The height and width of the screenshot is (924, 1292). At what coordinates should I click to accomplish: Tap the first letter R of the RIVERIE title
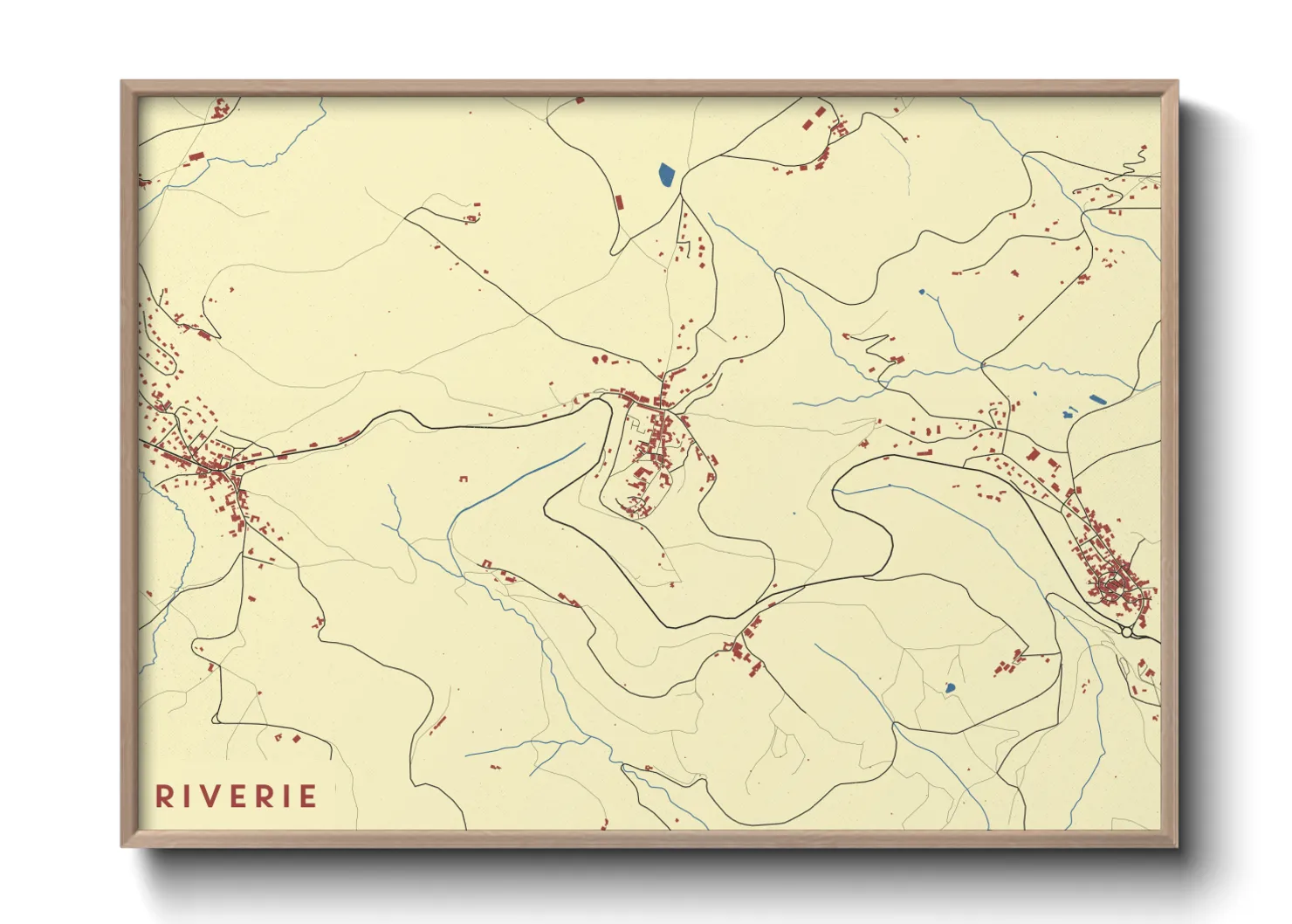tap(163, 796)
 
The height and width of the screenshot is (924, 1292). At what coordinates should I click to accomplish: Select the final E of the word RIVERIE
tap(307, 796)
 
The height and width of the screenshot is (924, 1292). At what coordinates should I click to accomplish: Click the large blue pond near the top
tap(666, 176)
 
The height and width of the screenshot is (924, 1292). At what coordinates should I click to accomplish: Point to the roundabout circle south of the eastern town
tap(1126, 631)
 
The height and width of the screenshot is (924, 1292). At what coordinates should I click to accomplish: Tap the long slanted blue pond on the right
tap(1096, 399)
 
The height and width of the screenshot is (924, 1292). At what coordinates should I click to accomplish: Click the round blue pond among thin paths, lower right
tap(950, 688)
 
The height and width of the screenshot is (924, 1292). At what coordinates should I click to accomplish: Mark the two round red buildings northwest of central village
tap(599, 358)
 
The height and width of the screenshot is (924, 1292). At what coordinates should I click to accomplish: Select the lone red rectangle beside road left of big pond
tap(620, 203)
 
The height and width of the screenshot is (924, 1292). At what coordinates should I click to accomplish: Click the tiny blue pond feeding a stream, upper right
tap(921, 292)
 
